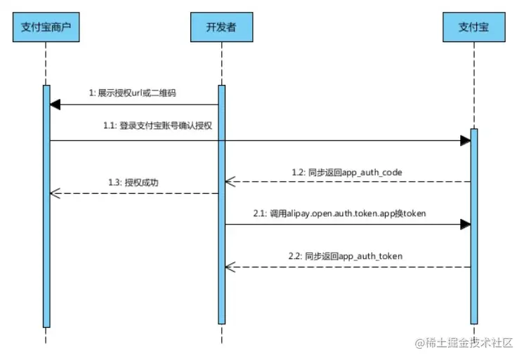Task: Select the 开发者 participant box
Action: coord(221,27)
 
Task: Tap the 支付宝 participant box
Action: coord(473,27)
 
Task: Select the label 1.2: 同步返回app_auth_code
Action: coord(346,171)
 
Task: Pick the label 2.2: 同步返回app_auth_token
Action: coord(346,256)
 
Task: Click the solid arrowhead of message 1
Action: coord(55,105)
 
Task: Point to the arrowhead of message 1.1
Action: coord(465,140)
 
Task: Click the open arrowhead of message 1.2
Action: coord(229,182)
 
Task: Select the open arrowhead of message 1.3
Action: coord(55,193)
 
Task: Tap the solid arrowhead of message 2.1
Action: coord(465,225)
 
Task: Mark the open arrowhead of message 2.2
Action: coord(229,267)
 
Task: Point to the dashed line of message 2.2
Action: coord(348,267)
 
